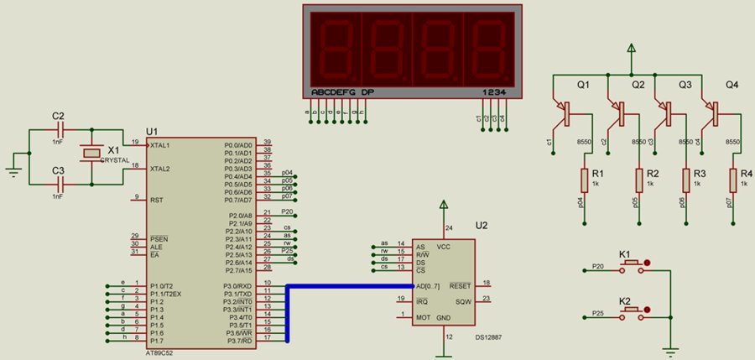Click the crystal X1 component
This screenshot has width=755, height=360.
tap(90, 154)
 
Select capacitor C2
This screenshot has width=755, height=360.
tap(59, 131)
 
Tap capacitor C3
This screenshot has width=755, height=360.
tap(59, 183)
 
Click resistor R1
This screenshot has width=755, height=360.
tap(585, 180)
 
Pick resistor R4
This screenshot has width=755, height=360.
tap(733, 180)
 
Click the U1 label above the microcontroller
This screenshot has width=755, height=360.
tap(152, 132)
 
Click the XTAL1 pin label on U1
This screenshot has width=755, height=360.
tap(160, 145)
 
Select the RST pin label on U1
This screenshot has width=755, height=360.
tap(156, 201)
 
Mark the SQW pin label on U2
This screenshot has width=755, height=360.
tap(462, 300)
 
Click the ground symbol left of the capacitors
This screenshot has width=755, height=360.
tap(13, 170)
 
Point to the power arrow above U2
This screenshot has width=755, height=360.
tap(444, 204)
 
